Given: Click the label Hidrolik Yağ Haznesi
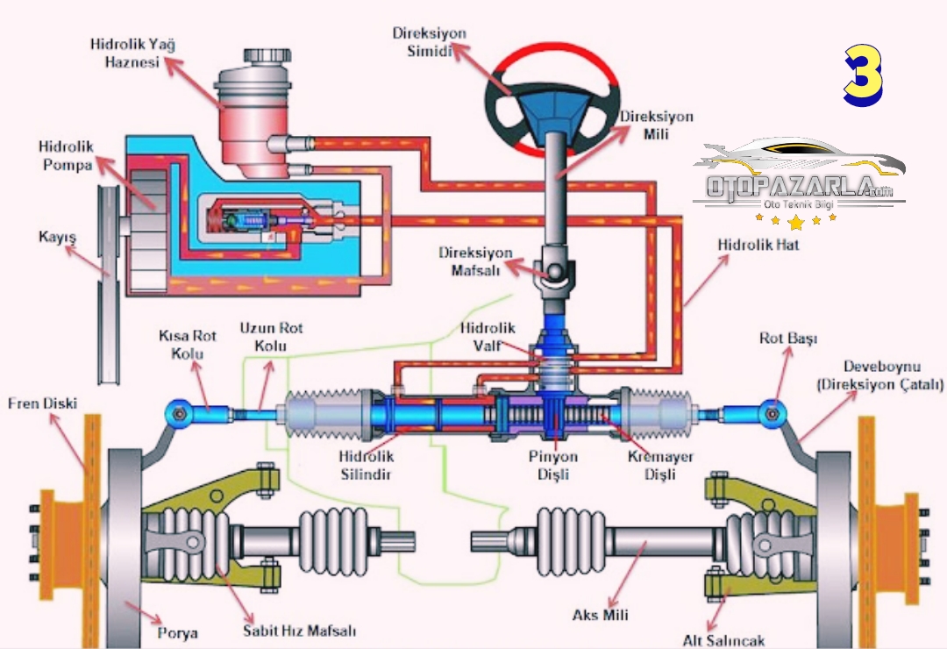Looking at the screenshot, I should [127, 53].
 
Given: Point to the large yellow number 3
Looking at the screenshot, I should [864, 77].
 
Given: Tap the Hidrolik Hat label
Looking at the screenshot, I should [759, 245].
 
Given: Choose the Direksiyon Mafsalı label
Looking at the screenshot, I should [476, 262].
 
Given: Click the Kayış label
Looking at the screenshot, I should [57, 237].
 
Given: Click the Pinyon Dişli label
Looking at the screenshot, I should [553, 466].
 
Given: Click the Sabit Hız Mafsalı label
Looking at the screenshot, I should [300, 630].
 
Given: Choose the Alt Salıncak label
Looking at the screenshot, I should [724, 639].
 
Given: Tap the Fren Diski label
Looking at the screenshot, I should [43, 403].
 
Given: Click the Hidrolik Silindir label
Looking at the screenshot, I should [367, 466].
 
